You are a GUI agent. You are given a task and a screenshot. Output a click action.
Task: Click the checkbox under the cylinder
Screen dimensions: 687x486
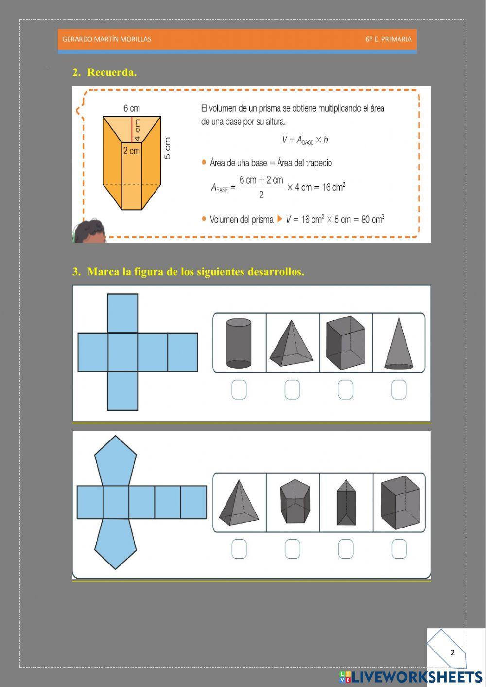point(239,389)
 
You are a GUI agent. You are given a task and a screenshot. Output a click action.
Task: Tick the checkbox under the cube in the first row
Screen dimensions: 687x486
point(346,389)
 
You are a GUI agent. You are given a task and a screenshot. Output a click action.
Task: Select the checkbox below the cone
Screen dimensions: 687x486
point(399,389)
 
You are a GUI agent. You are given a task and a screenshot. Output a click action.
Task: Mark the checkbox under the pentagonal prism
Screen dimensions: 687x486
point(292,549)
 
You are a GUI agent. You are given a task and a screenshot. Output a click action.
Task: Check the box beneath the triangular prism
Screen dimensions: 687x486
point(346,549)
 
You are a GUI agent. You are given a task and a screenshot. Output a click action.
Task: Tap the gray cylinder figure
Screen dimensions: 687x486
point(239,343)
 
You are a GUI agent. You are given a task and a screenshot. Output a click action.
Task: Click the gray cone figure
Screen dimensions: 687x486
point(399,343)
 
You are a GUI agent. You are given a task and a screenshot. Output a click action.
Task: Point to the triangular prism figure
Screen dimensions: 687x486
point(346,503)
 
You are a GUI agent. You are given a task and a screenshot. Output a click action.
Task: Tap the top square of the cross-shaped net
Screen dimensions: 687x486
point(122,313)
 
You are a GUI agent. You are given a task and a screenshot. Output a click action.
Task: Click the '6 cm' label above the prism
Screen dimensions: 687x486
point(131,108)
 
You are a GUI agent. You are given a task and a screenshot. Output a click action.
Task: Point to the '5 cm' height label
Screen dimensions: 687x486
point(167,148)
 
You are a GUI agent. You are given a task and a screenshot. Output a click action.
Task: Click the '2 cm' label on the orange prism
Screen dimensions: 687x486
point(131,151)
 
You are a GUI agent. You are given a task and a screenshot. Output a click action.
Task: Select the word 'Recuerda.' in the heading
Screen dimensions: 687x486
point(112,72)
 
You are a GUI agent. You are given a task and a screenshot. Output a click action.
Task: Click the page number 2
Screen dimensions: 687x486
point(453,652)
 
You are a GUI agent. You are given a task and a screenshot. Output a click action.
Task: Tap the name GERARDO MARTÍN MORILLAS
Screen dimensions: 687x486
point(107,39)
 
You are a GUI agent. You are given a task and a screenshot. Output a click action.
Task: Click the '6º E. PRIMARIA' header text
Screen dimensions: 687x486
point(388,39)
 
